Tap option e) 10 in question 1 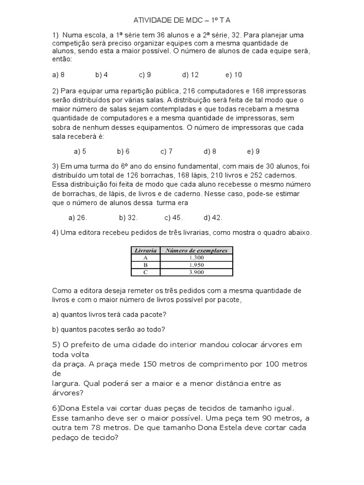[x=234, y=75]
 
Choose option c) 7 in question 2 [x=166, y=152]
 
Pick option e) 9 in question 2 [x=253, y=152]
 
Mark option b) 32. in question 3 [x=128, y=218]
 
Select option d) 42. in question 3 [x=213, y=218]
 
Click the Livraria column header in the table [x=146, y=251]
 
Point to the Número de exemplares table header [x=196, y=251]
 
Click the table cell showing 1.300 [x=196, y=257]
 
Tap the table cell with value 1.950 [x=196, y=264]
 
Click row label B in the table [x=146, y=264]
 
